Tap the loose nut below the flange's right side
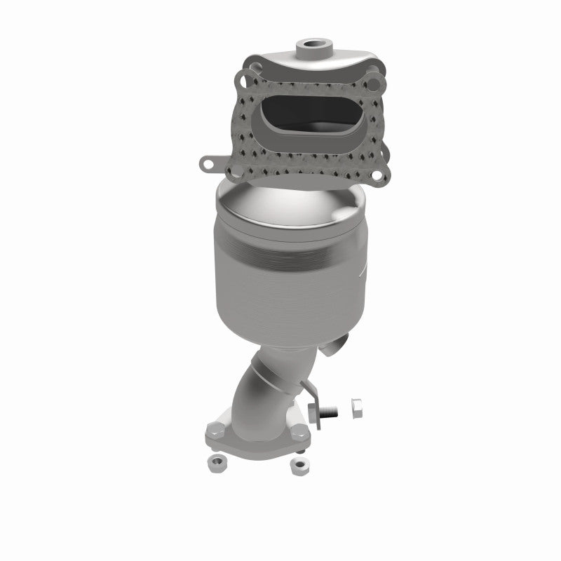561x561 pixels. point(299,465)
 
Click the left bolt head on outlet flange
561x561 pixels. point(215,430)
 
